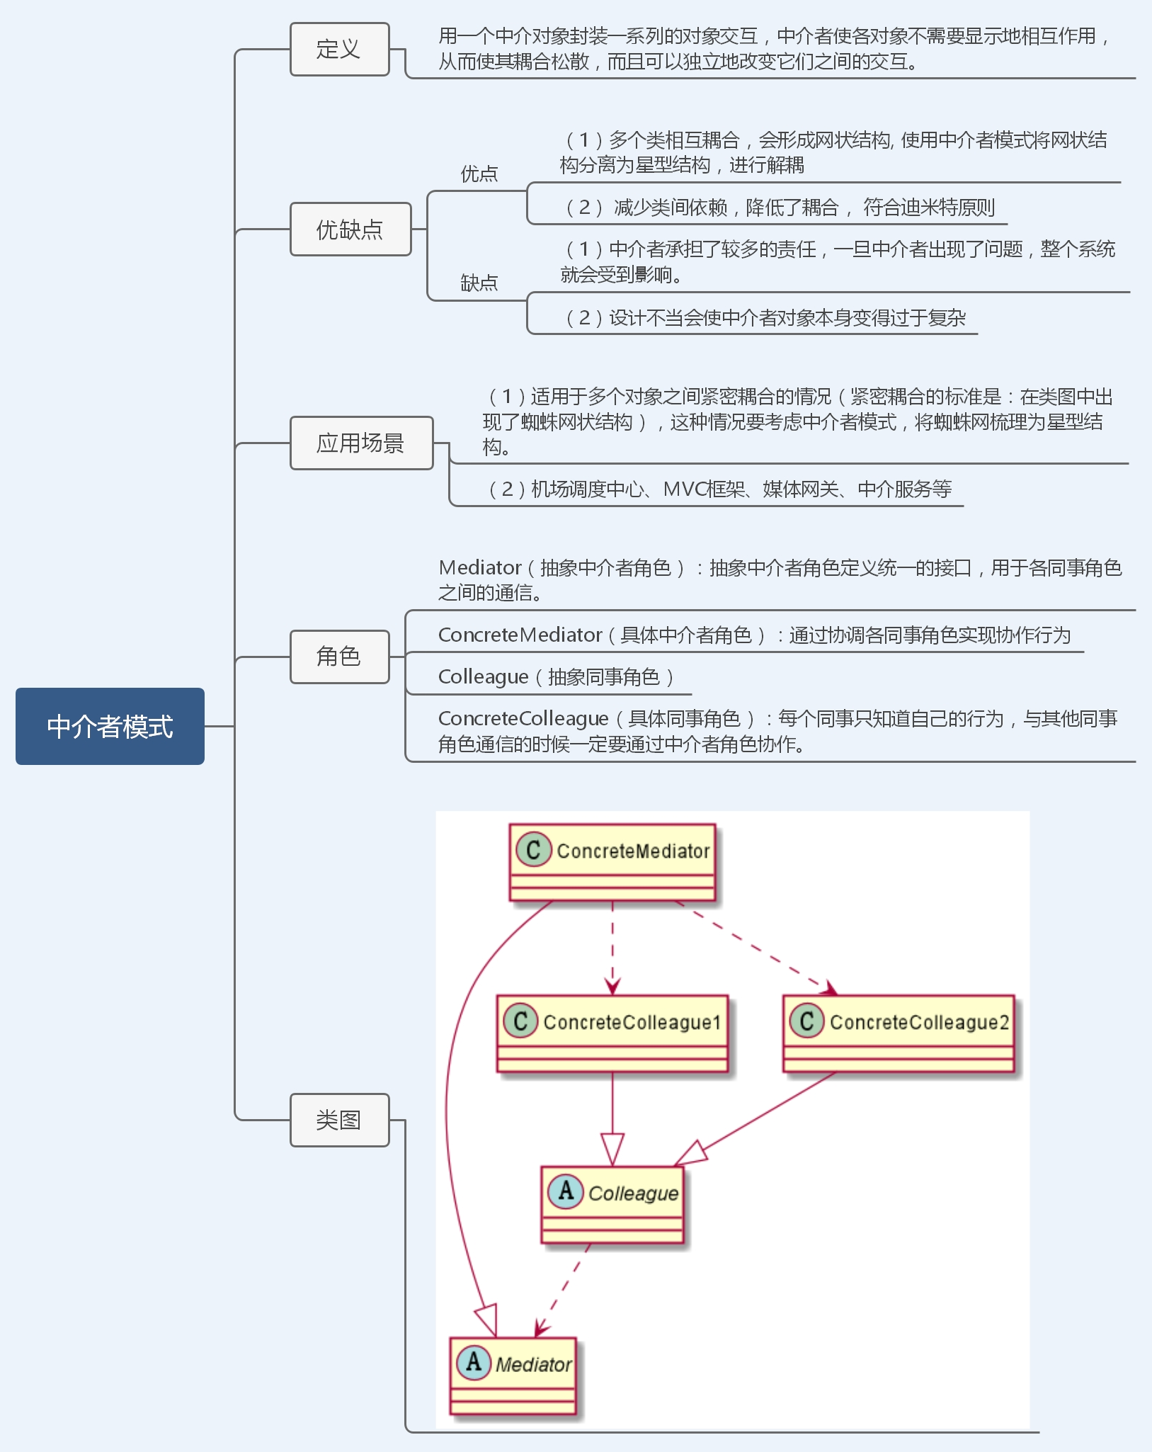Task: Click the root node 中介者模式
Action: click(110, 726)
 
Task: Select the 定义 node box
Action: click(339, 49)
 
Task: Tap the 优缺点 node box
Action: click(350, 229)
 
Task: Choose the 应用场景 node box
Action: click(361, 443)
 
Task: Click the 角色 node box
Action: click(339, 657)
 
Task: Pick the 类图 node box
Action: click(339, 1120)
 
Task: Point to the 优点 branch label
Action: click(479, 174)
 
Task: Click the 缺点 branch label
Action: click(479, 283)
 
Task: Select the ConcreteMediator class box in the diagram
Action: click(612, 862)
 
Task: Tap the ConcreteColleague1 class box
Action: click(612, 1033)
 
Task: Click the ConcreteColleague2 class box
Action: click(899, 1033)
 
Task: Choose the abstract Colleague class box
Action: click(612, 1205)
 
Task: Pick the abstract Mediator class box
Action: click(513, 1376)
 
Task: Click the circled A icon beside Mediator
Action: click(474, 1362)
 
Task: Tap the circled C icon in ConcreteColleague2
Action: click(806, 1021)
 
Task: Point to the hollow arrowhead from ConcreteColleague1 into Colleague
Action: click(612, 1150)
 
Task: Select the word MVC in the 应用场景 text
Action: click(685, 489)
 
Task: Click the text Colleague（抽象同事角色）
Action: click(555, 677)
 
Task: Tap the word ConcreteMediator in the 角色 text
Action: click(520, 635)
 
